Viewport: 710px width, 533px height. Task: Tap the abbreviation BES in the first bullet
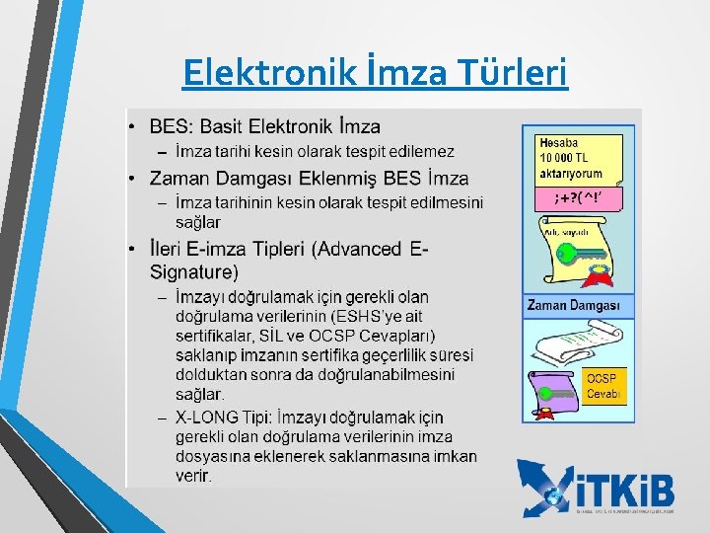coord(168,126)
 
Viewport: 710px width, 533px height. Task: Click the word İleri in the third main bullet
coord(170,250)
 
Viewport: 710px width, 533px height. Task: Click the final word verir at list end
coord(193,476)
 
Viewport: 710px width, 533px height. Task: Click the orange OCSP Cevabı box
coord(603,387)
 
